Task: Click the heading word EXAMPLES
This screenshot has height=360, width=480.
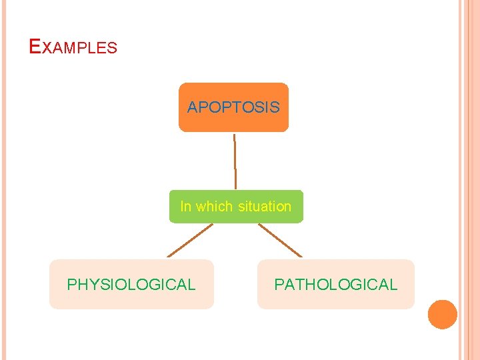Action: click(73, 47)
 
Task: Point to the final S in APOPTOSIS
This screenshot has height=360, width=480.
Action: click(275, 107)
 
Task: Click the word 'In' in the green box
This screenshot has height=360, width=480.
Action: click(185, 207)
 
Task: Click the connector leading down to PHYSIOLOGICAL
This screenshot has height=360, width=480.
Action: click(190, 240)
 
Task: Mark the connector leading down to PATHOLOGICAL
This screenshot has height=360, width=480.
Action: click(280, 240)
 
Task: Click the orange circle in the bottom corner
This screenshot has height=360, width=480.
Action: click(442, 315)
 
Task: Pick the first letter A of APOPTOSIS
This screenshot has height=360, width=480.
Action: click(193, 107)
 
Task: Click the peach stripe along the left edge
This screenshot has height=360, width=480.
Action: click(3, 180)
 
